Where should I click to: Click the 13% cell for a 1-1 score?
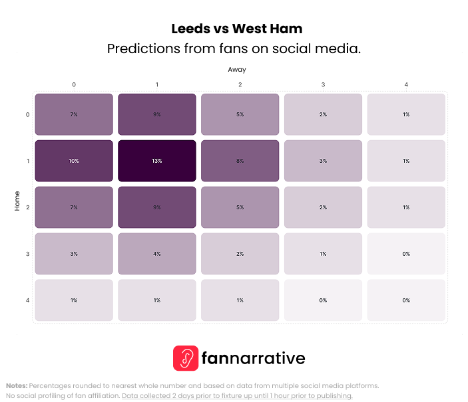(x=157, y=161)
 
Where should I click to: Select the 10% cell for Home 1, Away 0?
(x=74, y=161)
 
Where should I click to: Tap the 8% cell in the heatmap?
(x=240, y=161)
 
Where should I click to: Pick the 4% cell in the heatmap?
(x=157, y=254)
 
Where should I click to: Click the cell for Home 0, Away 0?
(x=74, y=114)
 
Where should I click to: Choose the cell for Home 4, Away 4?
(x=406, y=300)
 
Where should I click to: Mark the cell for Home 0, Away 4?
(x=406, y=114)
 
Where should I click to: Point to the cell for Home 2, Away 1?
(x=157, y=207)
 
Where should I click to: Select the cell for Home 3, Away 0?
(x=74, y=254)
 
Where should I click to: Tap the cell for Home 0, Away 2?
(x=240, y=114)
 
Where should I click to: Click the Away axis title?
(x=237, y=69)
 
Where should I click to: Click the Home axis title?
(x=17, y=201)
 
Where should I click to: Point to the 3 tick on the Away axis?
(x=323, y=84)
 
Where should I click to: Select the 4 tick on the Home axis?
(x=27, y=300)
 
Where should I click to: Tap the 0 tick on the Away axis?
(x=74, y=84)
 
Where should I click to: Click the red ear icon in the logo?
(x=186, y=358)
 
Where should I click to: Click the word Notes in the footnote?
(x=17, y=385)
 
